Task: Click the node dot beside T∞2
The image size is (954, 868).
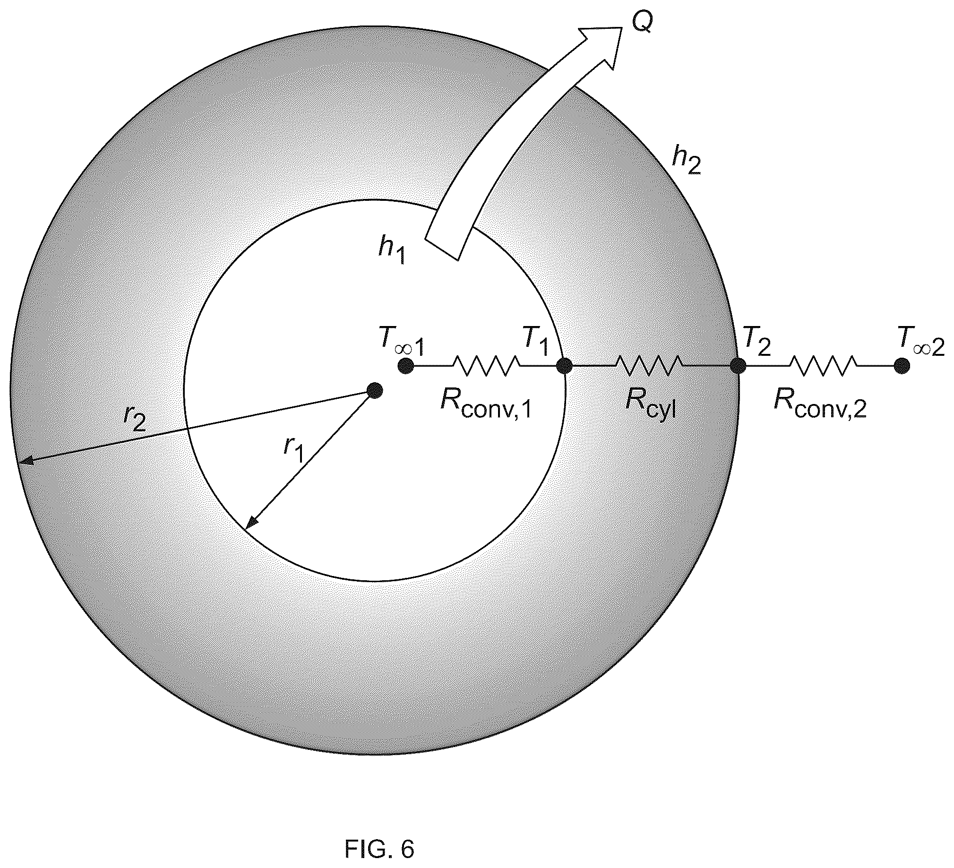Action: pos(902,366)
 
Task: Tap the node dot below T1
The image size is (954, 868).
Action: pos(564,366)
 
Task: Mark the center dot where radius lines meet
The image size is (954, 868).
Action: pos(375,391)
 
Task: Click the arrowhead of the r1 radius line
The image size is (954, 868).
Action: pos(251,522)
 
